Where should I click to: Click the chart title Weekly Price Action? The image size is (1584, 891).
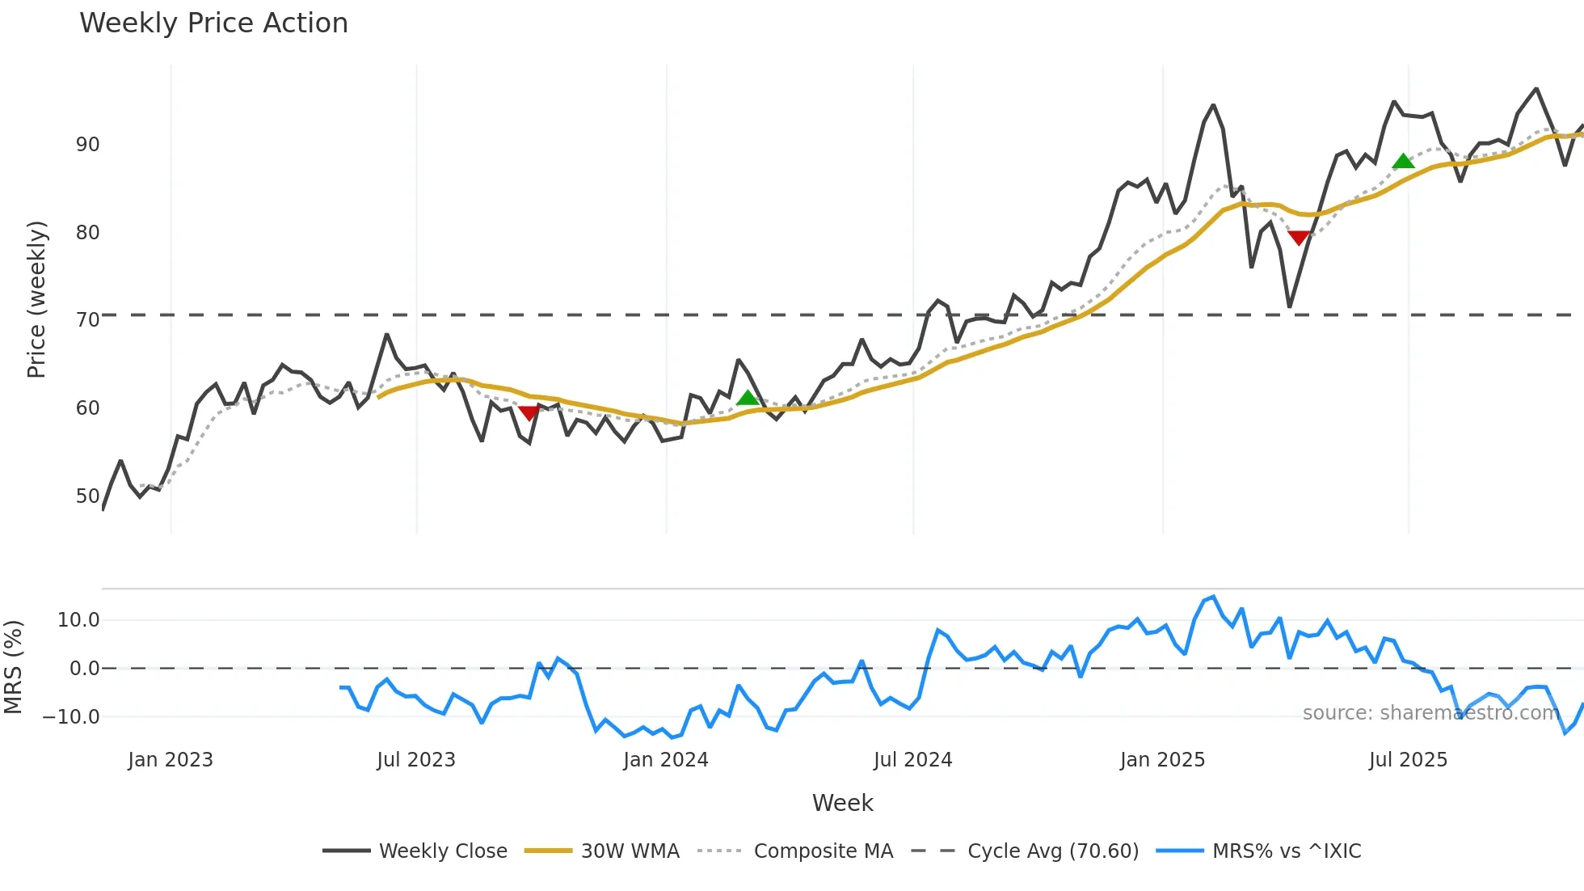click(213, 23)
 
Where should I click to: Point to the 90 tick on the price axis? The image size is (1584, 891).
click(87, 145)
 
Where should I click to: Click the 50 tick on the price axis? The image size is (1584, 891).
click(87, 496)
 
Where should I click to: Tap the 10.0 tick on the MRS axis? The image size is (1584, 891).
click(78, 620)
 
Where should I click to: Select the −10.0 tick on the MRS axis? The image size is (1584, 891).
click(71, 717)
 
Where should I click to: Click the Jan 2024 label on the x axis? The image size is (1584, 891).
click(665, 760)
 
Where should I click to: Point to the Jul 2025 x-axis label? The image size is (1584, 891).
click(1408, 760)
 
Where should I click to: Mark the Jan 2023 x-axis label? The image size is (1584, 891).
click(171, 760)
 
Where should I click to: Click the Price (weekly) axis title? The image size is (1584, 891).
click(36, 299)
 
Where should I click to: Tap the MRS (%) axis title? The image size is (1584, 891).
click(13, 667)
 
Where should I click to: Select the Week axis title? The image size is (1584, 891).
click(842, 803)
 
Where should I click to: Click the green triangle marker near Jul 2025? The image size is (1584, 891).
click(1404, 161)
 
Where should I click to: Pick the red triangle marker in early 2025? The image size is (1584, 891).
click(1299, 237)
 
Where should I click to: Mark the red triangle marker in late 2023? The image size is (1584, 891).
click(529, 413)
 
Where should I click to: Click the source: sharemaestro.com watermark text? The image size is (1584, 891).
click(1430, 713)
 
